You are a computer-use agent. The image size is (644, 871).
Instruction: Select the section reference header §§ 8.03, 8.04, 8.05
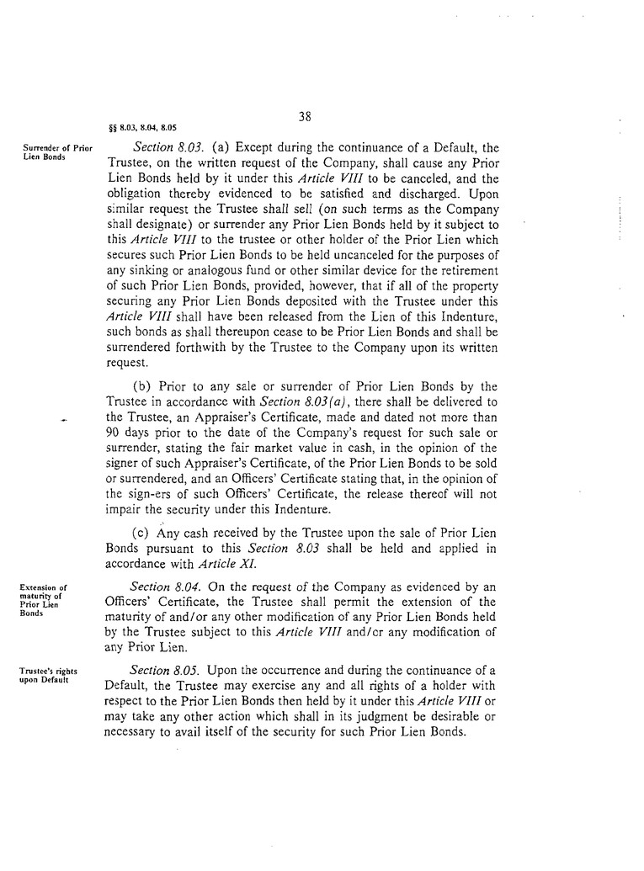pos(143,130)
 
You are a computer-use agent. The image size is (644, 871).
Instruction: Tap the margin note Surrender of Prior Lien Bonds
pos(56,152)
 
